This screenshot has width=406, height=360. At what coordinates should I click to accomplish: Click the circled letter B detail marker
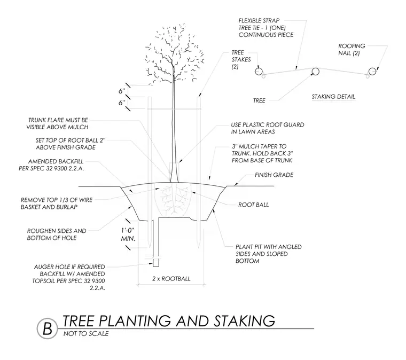(x=48, y=328)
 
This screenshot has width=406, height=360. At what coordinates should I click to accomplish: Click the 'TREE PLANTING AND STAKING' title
(x=169, y=320)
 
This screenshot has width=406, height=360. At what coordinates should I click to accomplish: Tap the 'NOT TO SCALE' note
(x=86, y=334)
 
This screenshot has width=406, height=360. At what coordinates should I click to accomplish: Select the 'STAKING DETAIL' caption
(x=333, y=97)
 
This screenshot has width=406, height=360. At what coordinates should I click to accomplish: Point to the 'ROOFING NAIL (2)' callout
(x=352, y=50)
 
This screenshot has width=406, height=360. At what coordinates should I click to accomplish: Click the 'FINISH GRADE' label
(x=274, y=175)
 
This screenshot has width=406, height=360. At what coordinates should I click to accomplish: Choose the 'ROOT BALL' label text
(x=254, y=205)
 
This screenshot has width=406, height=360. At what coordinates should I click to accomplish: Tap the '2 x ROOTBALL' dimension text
(x=171, y=279)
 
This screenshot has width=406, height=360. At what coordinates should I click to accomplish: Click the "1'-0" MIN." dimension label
(x=128, y=234)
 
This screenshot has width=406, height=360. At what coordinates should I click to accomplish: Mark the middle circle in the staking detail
(x=315, y=72)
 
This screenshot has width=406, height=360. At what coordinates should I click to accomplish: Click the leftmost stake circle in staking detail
(x=259, y=71)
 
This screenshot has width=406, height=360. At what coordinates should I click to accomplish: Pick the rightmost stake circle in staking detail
(x=372, y=72)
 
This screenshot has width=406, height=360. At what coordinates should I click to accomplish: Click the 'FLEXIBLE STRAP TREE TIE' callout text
(x=266, y=28)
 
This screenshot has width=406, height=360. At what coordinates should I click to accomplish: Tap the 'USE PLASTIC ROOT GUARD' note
(x=268, y=128)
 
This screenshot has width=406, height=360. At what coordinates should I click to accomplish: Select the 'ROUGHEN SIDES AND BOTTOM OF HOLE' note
(x=57, y=234)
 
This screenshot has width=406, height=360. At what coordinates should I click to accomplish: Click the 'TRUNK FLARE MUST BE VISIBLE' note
(x=57, y=124)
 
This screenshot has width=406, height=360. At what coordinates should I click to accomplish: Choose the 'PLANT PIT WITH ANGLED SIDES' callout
(x=269, y=254)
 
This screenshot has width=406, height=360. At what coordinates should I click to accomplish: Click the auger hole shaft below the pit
(x=156, y=243)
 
